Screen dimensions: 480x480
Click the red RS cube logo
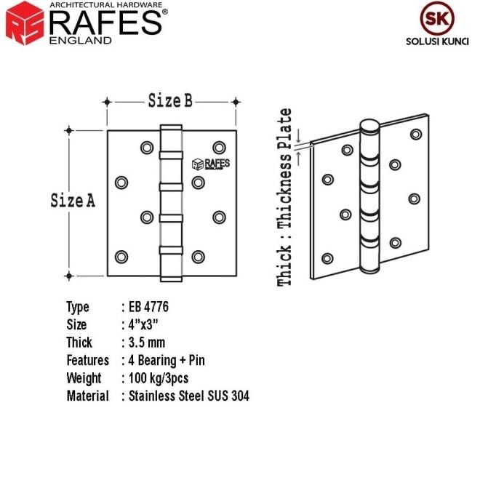(x=25, y=23)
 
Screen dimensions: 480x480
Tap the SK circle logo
(x=437, y=18)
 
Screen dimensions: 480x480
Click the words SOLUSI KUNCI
(x=437, y=41)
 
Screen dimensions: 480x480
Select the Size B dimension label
(x=170, y=100)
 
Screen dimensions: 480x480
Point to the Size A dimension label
(x=73, y=201)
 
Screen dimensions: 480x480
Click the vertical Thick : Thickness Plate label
(x=284, y=197)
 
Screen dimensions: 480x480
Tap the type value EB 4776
(x=148, y=307)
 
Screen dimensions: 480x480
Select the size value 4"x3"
(x=143, y=325)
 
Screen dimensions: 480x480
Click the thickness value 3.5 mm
(x=147, y=343)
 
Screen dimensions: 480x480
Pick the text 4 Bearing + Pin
(x=167, y=360)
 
